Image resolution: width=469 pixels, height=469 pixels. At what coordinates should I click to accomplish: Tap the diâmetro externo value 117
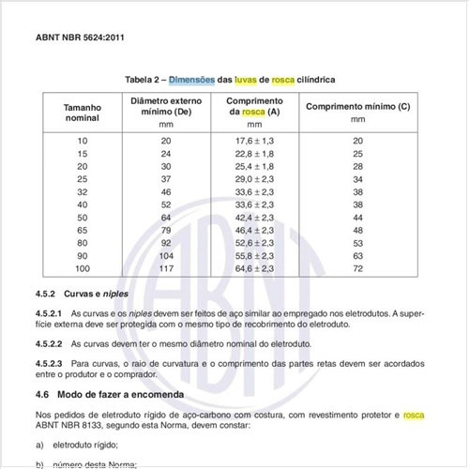pyautogui.click(x=166, y=268)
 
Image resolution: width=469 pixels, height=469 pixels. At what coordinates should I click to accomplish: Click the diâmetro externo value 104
pyautogui.click(x=166, y=255)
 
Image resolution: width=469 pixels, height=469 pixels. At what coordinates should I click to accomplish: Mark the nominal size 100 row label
pyautogui.click(x=82, y=268)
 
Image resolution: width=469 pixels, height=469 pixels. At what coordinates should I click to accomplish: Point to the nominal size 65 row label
pyautogui.click(x=82, y=230)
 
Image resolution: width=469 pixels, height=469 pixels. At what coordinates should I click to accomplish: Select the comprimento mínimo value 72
pyautogui.click(x=357, y=268)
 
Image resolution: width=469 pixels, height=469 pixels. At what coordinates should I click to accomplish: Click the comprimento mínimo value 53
pyautogui.click(x=357, y=243)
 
